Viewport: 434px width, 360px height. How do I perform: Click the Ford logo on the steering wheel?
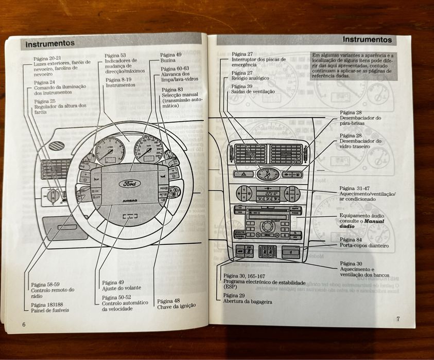128,183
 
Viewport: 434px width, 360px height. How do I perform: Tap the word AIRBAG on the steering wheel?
130,201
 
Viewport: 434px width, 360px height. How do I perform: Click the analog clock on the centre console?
268,174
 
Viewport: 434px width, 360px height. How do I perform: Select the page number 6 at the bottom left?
24,324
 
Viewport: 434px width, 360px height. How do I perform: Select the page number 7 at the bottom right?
397,318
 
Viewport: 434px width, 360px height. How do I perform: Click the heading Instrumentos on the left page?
50,43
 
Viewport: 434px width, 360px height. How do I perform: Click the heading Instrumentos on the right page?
367,40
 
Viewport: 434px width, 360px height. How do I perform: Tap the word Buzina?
168,61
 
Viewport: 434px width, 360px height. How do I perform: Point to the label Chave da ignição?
176,305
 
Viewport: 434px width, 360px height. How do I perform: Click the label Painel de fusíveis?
50,310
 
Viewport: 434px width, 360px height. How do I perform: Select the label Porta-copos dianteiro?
364,246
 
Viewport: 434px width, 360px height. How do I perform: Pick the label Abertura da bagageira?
248,302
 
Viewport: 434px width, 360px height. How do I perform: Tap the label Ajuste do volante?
121,287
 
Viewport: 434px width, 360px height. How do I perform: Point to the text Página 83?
172,89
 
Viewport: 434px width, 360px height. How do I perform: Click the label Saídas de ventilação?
253,92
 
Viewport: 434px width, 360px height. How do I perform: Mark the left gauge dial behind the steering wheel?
109,151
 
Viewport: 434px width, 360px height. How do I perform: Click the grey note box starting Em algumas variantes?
353,65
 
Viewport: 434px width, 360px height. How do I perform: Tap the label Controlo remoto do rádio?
53,293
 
